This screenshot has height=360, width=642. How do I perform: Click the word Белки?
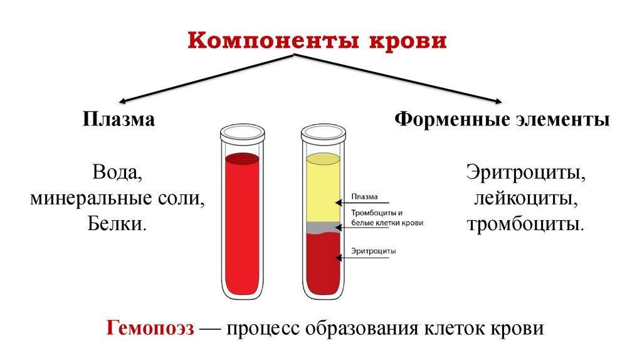click(x=118, y=223)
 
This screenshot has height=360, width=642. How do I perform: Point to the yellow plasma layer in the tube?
click(x=323, y=188)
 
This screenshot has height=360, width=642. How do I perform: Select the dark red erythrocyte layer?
click(x=323, y=263)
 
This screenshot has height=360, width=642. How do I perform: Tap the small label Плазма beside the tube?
click(x=364, y=195)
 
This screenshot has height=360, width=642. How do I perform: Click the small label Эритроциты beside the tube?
click(x=374, y=250)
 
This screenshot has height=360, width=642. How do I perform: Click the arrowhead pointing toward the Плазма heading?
click(x=123, y=100)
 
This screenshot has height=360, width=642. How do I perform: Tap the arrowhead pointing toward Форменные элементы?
click(x=498, y=100)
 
